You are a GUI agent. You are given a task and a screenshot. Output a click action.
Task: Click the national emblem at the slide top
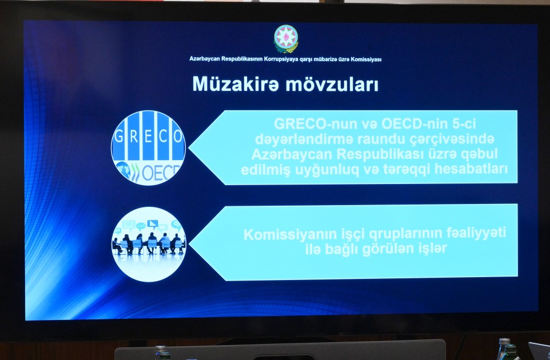pos(286,39)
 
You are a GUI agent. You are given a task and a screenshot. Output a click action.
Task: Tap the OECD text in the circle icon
pos(160,171)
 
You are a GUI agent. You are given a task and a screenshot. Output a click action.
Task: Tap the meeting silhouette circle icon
pos(148,244)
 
